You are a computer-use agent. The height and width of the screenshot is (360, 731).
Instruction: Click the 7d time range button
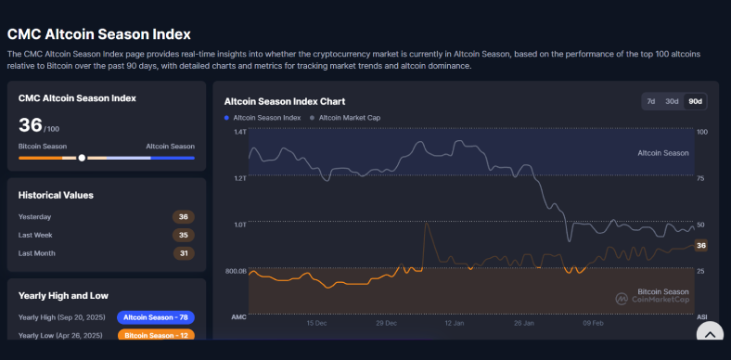651,101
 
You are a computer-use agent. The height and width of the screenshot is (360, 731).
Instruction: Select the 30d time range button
672,101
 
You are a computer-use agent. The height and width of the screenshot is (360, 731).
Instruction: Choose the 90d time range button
695,101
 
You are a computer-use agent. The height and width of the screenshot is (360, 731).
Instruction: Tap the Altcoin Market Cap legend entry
349,118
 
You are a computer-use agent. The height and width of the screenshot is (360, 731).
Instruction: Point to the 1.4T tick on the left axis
239,132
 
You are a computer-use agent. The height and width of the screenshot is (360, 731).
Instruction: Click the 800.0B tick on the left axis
235,271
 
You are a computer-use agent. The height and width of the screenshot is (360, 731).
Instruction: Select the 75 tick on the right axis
701,178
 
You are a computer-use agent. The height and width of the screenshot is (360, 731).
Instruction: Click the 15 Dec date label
317,324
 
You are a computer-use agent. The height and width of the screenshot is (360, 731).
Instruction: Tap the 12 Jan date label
454,324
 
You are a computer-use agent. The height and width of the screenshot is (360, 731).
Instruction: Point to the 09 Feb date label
592,324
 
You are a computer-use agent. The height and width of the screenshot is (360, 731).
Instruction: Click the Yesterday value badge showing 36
183,217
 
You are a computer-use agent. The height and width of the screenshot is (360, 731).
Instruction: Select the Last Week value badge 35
183,235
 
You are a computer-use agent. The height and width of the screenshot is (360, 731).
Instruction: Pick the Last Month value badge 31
183,253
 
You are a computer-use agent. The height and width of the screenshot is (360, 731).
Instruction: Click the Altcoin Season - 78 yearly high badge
156,317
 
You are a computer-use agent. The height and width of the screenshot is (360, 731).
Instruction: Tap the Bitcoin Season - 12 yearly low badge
156,335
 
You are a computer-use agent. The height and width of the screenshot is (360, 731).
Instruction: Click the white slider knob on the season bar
82,158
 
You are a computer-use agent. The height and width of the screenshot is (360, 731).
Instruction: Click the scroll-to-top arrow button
710,336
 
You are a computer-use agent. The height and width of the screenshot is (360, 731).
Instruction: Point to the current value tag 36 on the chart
701,246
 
